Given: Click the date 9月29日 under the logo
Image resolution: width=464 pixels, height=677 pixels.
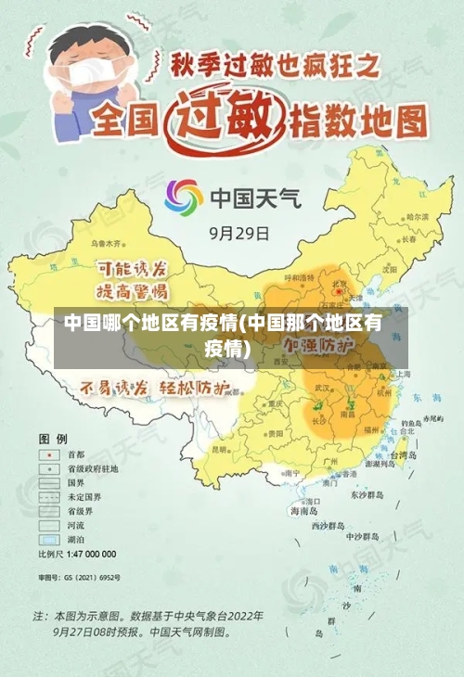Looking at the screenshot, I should coord(239,232).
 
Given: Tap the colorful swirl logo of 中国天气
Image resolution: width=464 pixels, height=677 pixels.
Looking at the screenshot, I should coord(184,198).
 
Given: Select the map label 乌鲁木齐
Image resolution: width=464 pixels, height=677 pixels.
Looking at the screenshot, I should coord(106,243).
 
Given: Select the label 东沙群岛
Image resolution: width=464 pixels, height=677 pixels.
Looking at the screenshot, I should coord(367,495).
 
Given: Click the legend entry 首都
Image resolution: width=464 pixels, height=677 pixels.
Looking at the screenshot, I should coord(75,454).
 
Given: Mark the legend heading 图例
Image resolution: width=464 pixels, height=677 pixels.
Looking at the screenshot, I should coord(52,438).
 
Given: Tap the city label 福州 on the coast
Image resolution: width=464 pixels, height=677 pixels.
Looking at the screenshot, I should coord(371,430).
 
